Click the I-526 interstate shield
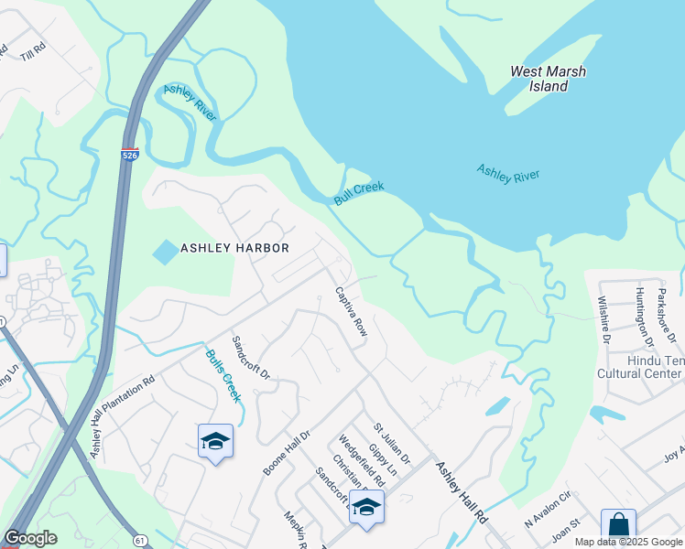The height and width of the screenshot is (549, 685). point(129,156)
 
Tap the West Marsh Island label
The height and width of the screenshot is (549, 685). point(548,79)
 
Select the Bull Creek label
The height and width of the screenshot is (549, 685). point(358,193)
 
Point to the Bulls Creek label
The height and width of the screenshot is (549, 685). point(223,376)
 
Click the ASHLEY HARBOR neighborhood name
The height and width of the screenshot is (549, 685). point(234,248)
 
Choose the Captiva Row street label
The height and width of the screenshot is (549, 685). point(351,312)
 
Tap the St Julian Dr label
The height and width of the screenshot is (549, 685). point(391,442)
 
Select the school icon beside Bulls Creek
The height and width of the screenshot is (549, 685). point(215,441)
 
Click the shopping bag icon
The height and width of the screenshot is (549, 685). point(618,525)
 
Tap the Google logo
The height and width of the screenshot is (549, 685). point(30,538)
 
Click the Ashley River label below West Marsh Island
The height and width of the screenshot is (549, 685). point(507,173)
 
